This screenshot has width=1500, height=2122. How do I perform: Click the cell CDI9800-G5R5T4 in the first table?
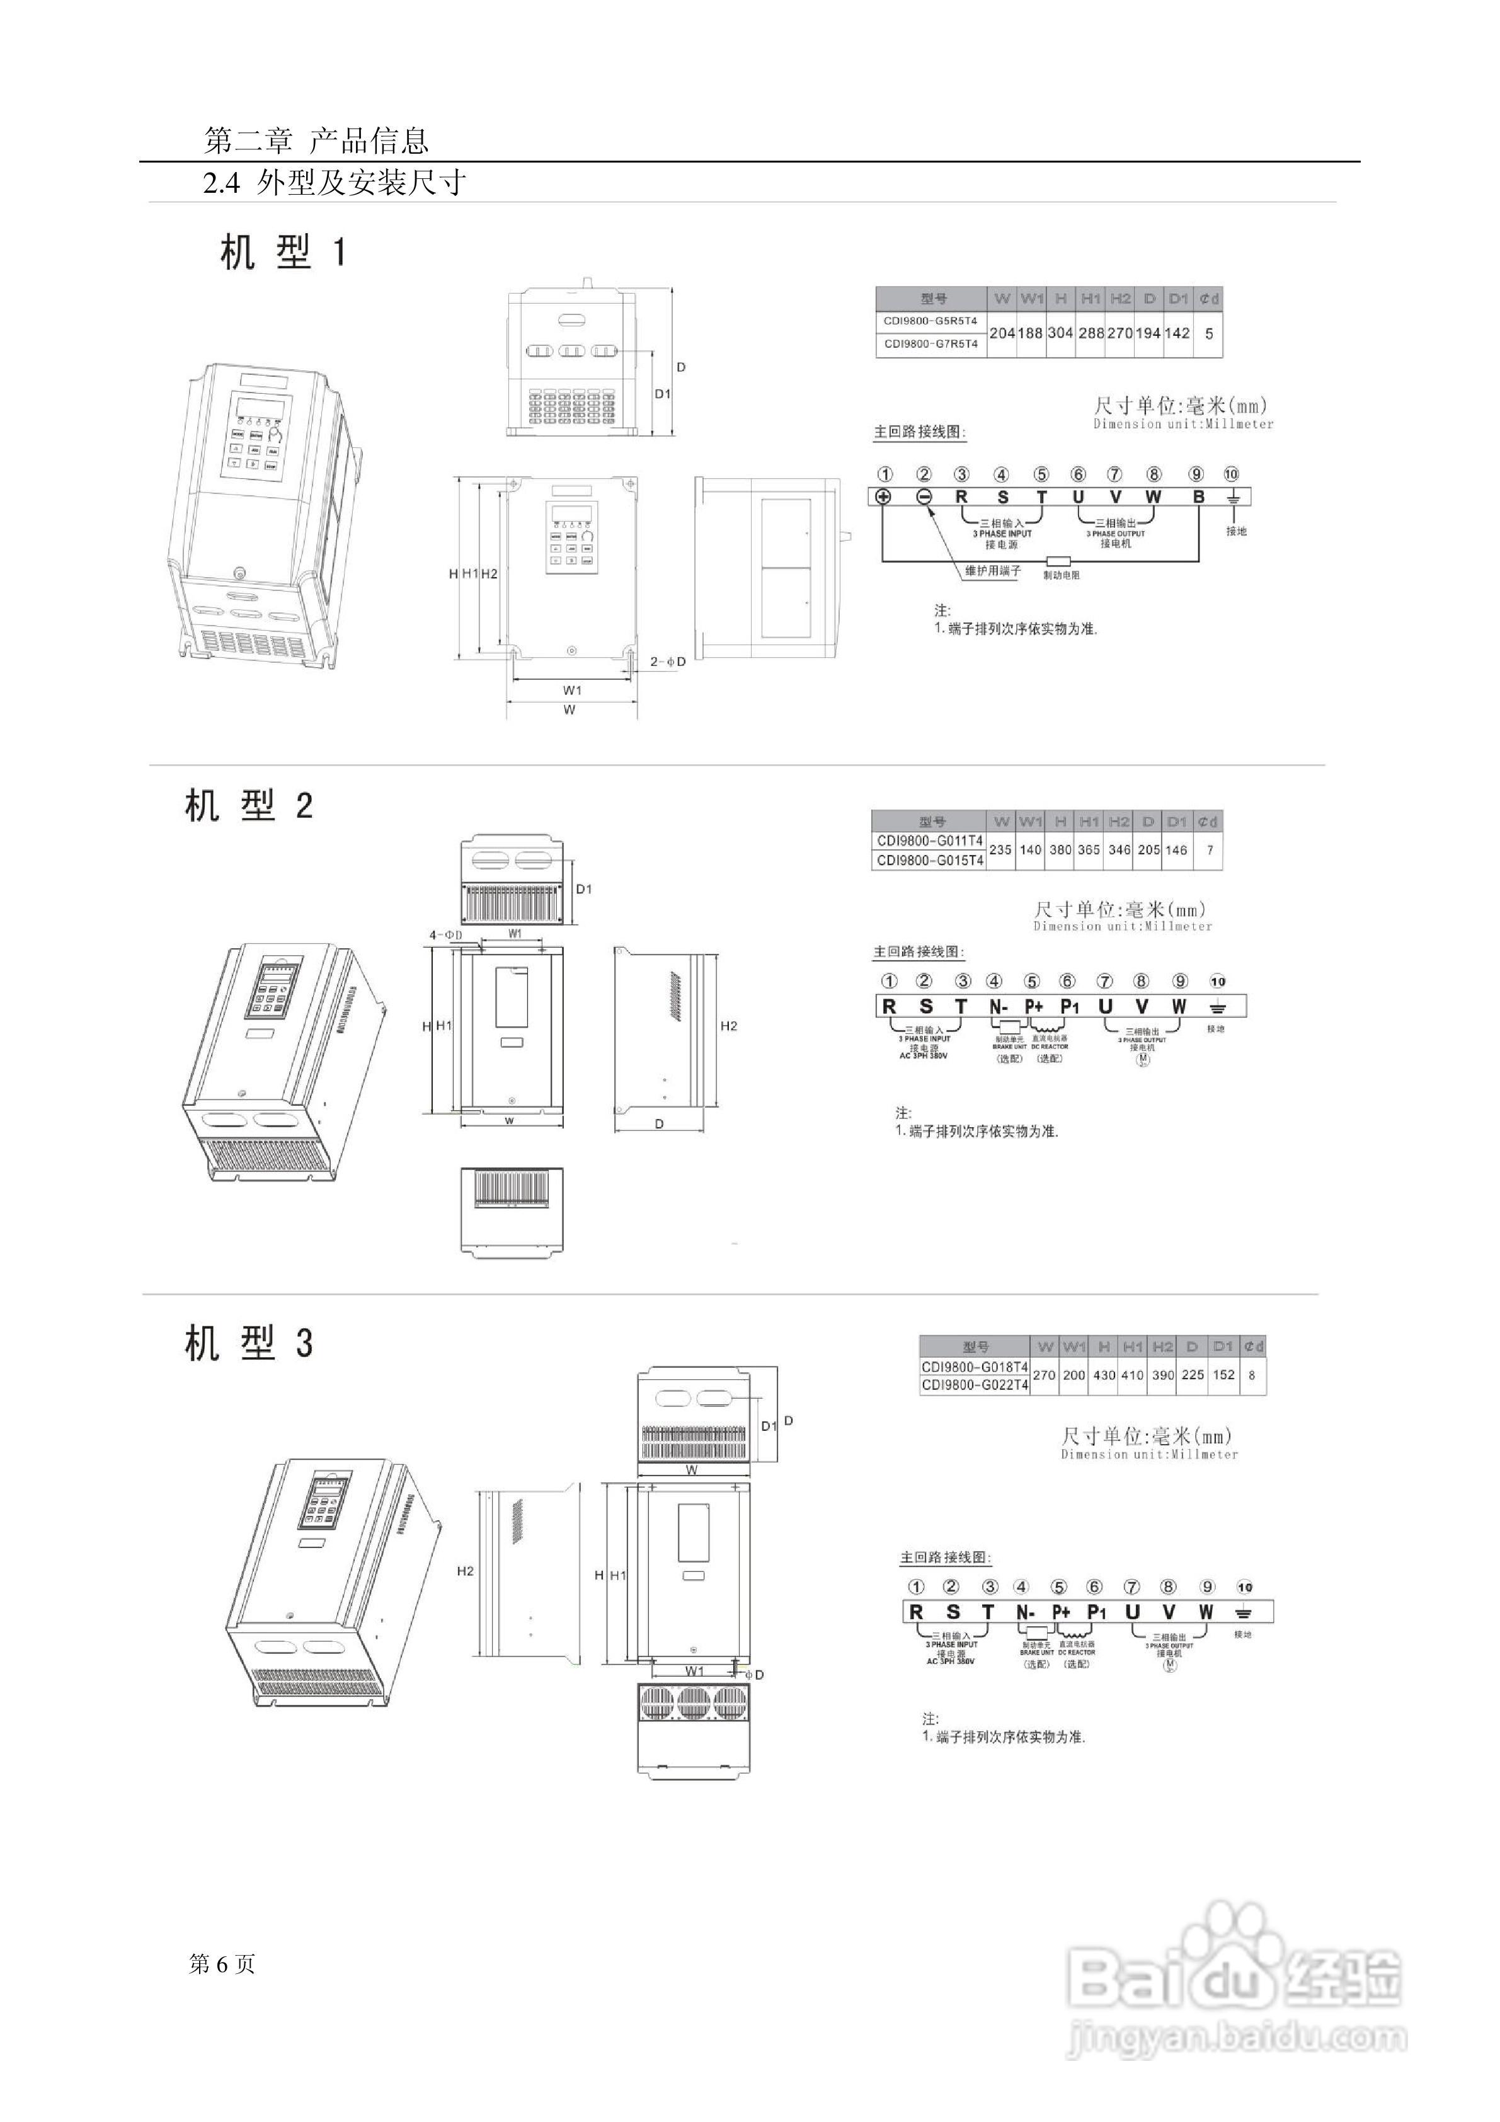pyautogui.click(x=930, y=321)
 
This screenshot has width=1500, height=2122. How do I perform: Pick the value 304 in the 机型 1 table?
pyautogui.click(x=1060, y=333)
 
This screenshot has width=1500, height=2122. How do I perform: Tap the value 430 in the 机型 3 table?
pyautogui.click(x=1104, y=1375)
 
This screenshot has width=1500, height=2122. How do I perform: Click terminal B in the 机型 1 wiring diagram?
pyautogui.click(x=1199, y=496)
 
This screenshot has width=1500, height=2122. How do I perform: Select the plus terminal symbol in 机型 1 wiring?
pyautogui.click(x=885, y=496)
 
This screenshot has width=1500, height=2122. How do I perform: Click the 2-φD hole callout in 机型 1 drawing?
pyautogui.click(x=667, y=662)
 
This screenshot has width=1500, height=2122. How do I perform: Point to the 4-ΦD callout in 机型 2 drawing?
pyautogui.click(x=445, y=936)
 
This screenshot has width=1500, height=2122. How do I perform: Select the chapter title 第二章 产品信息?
pyautogui.click(x=316, y=141)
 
